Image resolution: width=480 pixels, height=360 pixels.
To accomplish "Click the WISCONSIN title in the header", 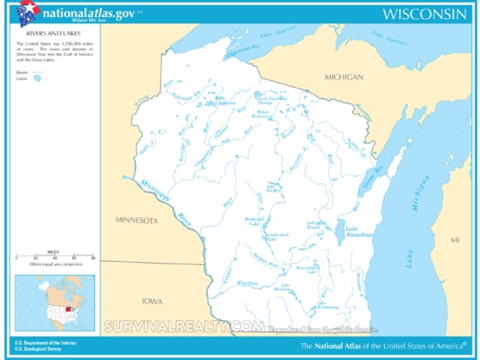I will [425, 14].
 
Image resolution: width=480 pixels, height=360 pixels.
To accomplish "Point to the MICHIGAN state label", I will [344, 76].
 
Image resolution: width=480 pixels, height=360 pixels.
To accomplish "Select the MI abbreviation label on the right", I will [455, 241].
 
